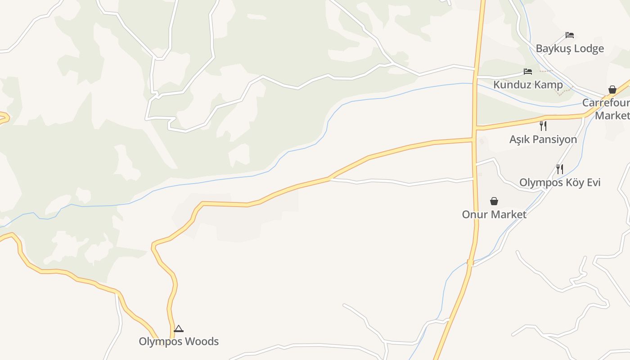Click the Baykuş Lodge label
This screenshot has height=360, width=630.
coord(570,49)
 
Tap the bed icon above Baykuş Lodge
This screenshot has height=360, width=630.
coord(570,35)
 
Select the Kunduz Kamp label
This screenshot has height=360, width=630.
coord(528,85)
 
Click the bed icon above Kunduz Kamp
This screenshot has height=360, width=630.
coord(528,72)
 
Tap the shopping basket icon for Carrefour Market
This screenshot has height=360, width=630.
coord(612,90)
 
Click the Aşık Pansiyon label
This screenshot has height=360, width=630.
coord(543,139)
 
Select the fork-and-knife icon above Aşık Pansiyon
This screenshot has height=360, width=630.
coord(543,126)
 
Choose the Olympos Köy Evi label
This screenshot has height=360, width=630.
coord(560,183)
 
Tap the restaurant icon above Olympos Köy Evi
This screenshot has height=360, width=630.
coord(560,169)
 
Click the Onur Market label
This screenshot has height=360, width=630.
coord(494,215)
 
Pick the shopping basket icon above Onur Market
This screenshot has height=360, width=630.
coord(494,201)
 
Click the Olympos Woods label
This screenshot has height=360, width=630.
coord(179,342)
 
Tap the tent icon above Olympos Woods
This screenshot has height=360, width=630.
coord(179,328)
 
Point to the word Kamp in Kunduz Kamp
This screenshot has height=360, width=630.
coord(547,85)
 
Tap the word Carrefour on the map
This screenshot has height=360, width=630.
coord(606,103)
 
